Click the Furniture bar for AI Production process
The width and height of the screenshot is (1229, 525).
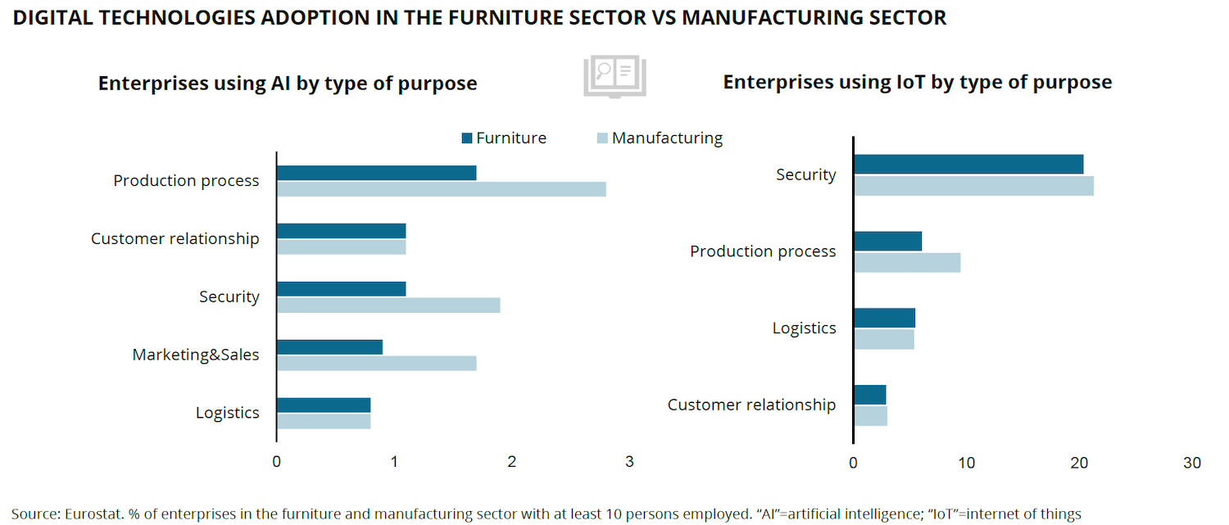(x=376, y=173)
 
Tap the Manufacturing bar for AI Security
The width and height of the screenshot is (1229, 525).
(x=388, y=305)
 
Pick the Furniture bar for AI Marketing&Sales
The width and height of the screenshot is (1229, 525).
(x=329, y=346)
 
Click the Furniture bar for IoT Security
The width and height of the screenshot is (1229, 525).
(x=968, y=164)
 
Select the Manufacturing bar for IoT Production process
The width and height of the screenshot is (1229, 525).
(x=906, y=262)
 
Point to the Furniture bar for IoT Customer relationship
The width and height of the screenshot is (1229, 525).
(x=869, y=395)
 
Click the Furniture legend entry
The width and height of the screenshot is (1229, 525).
(x=504, y=138)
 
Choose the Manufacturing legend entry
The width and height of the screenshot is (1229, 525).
(x=659, y=138)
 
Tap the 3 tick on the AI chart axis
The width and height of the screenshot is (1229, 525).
(x=629, y=462)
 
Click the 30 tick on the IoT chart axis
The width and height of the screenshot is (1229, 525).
(x=1192, y=463)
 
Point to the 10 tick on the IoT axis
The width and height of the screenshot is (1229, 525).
(x=967, y=463)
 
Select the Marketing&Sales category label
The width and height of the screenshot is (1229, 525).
(x=196, y=355)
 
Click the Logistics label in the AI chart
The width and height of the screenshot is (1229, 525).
(x=227, y=413)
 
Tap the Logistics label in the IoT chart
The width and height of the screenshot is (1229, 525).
(x=804, y=328)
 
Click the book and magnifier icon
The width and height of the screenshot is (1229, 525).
(x=614, y=77)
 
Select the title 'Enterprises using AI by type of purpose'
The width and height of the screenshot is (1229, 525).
(x=288, y=84)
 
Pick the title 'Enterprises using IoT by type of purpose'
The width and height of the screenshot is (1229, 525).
(x=917, y=82)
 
